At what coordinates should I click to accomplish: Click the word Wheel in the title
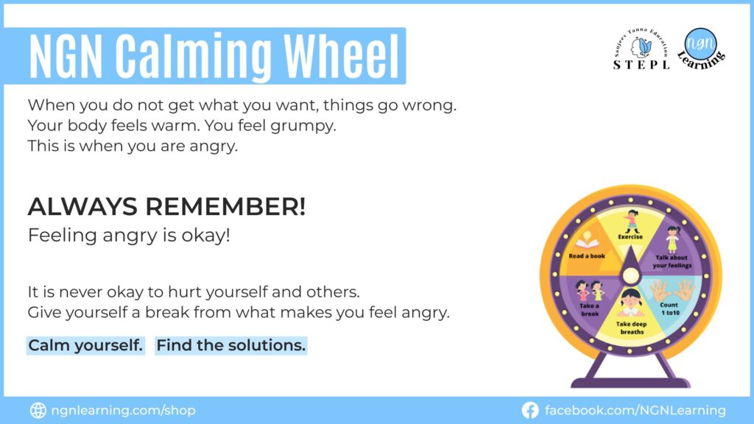tap(342, 56)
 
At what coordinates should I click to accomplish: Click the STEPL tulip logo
tap(642, 47)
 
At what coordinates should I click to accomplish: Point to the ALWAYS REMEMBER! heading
tap(166, 208)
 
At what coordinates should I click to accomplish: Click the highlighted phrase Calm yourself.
tap(85, 345)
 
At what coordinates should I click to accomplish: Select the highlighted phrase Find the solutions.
tap(231, 345)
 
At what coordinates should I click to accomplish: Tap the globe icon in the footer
tap(38, 410)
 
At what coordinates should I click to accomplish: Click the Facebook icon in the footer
tap(529, 410)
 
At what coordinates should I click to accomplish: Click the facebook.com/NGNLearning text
tap(635, 410)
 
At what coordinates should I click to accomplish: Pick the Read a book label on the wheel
tap(587, 255)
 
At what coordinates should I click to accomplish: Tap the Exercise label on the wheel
tap(630, 237)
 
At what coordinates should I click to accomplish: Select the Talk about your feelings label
tap(674, 261)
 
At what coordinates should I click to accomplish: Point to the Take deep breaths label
tap(630, 328)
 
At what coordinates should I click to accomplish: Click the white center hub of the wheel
tap(630, 275)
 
